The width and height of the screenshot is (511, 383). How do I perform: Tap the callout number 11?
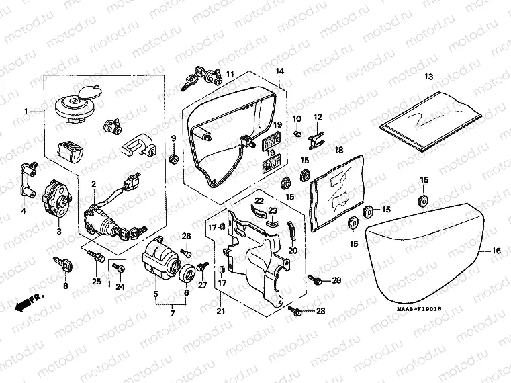pyautogui.click(x=230, y=74)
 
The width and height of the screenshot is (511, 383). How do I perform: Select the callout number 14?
pyautogui.click(x=280, y=71)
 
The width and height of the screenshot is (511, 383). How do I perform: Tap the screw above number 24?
pyautogui.click(x=120, y=267)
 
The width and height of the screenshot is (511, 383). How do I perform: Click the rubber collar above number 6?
pyautogui.click(x=187, y=272)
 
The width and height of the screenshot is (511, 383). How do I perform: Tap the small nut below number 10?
pyautogui.click(x=296, y=133)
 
